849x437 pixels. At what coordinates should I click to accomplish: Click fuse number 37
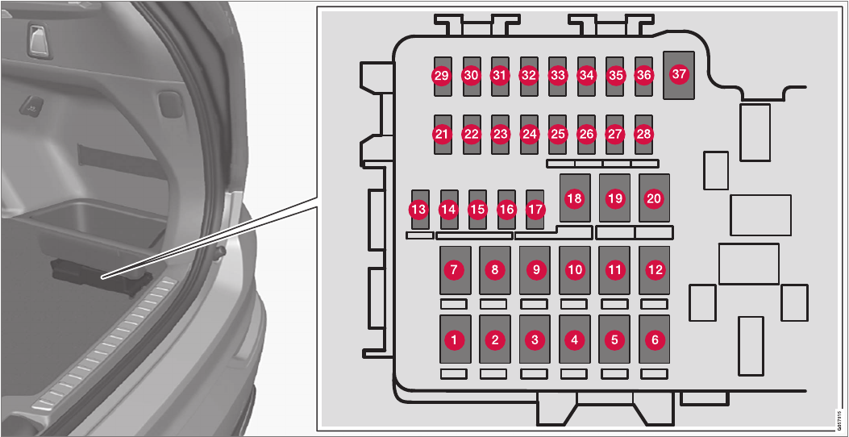(679, 74)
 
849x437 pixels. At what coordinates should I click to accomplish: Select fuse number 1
(455, 340)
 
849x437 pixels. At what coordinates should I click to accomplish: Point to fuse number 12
(655, 271)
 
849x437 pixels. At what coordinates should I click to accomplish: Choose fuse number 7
(455, 271)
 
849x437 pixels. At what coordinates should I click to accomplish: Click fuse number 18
(574, 198)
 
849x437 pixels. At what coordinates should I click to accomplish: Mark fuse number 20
(654, 198)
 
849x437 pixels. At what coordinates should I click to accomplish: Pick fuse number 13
(418, 210)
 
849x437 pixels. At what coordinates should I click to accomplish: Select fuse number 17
(535, 210)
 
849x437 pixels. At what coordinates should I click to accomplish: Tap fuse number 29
(441, 76)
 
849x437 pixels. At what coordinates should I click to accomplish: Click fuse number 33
(557, 76)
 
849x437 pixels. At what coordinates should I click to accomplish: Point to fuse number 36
(643, 76)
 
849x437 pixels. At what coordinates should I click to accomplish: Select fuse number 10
(574, 271)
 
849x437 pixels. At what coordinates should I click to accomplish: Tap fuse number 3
(535, 340)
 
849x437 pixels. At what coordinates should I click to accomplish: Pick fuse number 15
(477, 210)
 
